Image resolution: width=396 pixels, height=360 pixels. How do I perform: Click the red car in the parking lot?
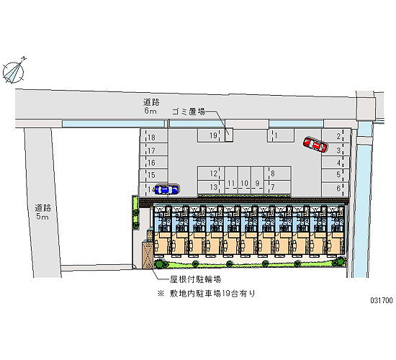(315, 145)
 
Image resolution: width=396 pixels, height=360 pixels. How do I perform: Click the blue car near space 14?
(166, 189)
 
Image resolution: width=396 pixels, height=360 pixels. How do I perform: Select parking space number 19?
(211, 135)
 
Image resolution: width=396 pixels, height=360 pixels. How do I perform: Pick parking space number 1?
(280, 135)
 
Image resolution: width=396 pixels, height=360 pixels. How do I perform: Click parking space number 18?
(154, 136)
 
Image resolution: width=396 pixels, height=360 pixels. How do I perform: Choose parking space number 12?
(211, 174)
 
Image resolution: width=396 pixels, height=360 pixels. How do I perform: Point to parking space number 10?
(245, 180)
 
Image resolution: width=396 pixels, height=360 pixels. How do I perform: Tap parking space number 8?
(278, 174)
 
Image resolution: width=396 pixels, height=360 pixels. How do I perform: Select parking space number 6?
(336, 189)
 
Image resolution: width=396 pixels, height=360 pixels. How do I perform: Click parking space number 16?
(154, 163)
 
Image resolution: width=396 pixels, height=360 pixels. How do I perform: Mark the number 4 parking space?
(336, 163)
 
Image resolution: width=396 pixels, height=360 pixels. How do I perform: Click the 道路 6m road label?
(151, 107)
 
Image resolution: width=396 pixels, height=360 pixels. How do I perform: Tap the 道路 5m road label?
(42, 212)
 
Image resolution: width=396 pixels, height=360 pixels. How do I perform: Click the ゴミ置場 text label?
(189, 112)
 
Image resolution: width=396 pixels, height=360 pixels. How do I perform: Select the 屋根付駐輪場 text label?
(195, 279)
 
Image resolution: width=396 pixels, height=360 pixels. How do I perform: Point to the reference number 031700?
(382, 300)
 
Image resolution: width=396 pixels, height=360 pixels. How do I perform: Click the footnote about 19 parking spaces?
(206, 294)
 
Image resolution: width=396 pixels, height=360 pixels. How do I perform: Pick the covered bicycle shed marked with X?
(148, 255)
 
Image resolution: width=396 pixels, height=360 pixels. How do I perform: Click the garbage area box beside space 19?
(229, 135)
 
